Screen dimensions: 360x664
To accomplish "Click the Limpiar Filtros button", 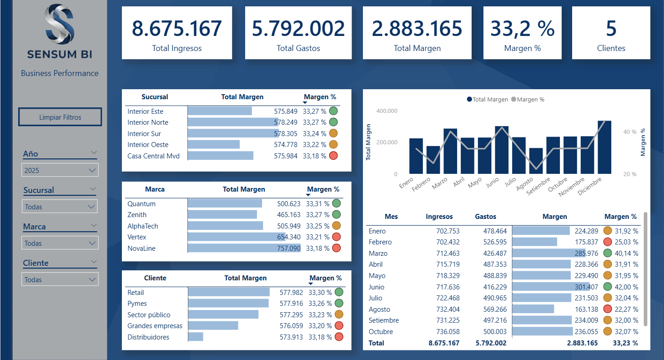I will tap(60, 117).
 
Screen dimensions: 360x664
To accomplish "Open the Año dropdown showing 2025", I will tap(60, 170).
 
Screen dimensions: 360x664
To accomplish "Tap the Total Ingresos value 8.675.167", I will tap(177, 29).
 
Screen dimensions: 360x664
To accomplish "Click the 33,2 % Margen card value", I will tap(523, 29).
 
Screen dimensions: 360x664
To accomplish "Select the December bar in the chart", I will tap(604, 147).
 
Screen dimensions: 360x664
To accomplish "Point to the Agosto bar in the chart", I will tap(536, 161).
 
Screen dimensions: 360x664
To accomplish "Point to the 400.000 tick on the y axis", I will tap(387, 111).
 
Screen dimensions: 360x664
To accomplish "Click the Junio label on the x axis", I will tap(493, 183).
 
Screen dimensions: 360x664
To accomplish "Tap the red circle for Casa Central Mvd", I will tap(333, 156).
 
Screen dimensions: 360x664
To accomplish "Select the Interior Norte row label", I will tap(148, 122).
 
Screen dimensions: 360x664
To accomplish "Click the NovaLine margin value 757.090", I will tap(289, 248).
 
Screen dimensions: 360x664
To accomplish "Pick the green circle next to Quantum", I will tap(337, 203).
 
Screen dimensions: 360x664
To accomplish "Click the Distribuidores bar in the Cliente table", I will tap(196, 337).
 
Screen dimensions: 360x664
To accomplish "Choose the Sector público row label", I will tap(149, 314).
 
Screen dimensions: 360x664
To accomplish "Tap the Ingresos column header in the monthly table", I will tap(439, 217).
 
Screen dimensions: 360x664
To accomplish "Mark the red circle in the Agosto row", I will tap(608, 309).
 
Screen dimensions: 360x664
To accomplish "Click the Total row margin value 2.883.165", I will tap(582, 343).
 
